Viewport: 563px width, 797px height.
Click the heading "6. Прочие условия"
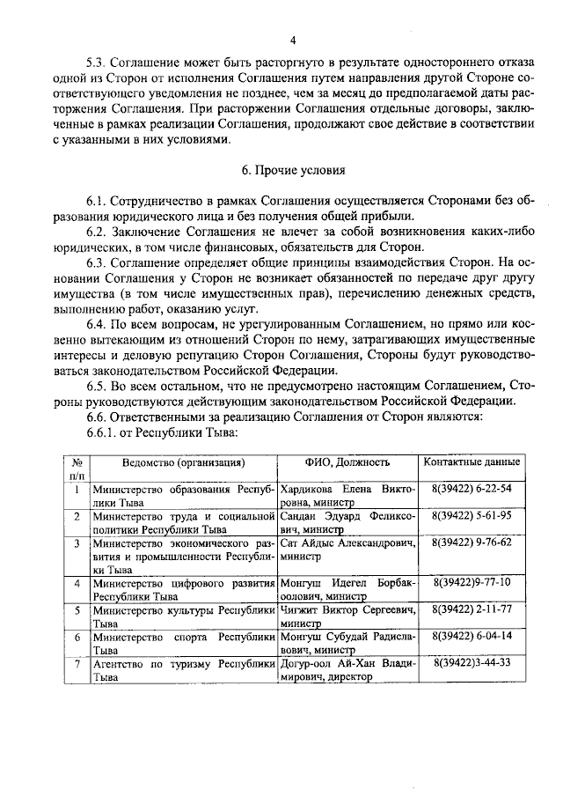pos(293,168)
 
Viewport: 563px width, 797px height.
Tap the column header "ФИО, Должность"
pos(347,462)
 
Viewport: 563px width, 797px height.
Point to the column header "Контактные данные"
pos(472,462)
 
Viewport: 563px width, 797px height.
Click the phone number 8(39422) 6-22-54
pos(472,488)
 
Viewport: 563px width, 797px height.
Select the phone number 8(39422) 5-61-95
pos(472,515)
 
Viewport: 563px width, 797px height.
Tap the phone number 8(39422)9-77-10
pos(472,582)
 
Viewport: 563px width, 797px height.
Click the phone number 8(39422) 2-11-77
pos(472,609)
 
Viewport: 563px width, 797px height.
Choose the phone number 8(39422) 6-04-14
pos(472,635)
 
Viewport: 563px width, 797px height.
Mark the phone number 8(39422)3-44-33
pos(472,662)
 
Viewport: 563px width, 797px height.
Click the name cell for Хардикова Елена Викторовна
pos(347,495)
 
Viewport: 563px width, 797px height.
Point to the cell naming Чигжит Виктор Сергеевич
pos(347,616)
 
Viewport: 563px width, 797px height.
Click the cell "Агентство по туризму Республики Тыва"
pos(184,669)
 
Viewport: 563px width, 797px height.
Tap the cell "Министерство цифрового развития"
pos(184,589)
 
